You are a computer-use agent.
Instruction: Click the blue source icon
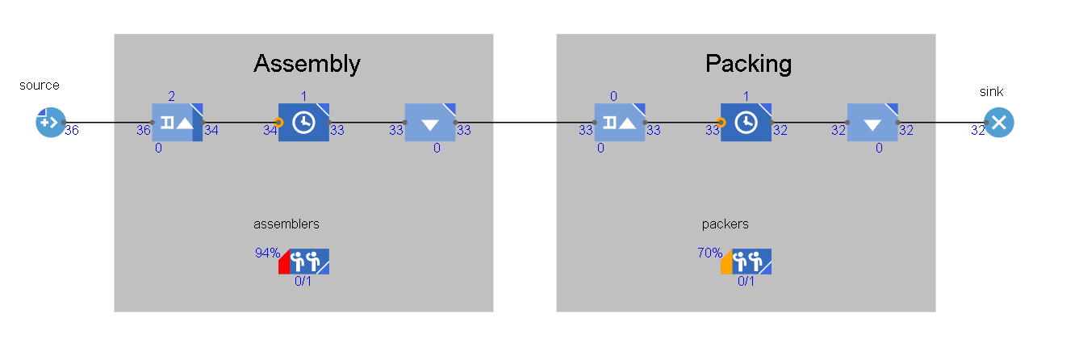(48, 123)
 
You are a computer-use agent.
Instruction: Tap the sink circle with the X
(998, 123)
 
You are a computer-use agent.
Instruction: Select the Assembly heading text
(307, 63)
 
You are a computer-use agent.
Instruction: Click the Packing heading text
(748, 63)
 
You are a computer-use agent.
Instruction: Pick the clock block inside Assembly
(303, 123)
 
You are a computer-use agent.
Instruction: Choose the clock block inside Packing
(746, 123)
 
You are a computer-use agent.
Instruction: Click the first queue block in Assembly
(178, 123)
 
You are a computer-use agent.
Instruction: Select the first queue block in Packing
(620, 123)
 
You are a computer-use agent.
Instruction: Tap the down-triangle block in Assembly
(430, 123)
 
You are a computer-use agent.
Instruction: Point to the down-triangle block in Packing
(872, 123)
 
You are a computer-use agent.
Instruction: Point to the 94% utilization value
(267, 253)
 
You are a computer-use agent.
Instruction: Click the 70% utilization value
(709, 253)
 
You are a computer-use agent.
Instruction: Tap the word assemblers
(286, 224)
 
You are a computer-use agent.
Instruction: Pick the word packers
(725, 224)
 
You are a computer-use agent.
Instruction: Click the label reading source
(40, 85)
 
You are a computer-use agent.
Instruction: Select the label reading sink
(991, 92)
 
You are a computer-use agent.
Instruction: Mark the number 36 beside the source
(71, 129)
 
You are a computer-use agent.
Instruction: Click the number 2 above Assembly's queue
(171, 96)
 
